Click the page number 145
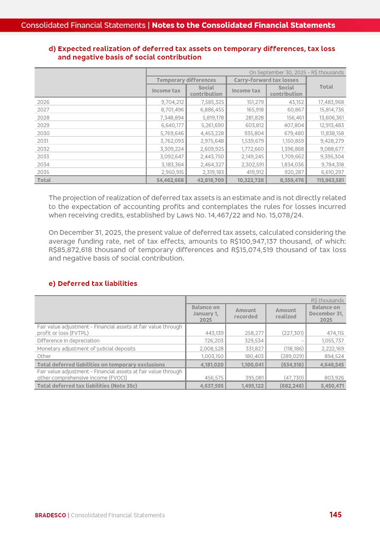coord(335,515)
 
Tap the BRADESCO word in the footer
coord(50,515)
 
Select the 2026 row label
coord(43,102)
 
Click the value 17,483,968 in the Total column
coord(331,102)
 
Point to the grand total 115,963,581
coord(330,180)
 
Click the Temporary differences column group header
coord(186,80)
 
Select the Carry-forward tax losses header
coord(266,80)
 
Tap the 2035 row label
coord(43,172)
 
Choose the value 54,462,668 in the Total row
coord(170,180)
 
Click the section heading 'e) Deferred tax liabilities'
coord(93,283)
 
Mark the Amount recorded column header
coord(246,313)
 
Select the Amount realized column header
coord(286,313)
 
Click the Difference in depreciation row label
coord(68,341)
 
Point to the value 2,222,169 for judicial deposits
coord(332,349)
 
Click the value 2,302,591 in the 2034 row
coord(252,165)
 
